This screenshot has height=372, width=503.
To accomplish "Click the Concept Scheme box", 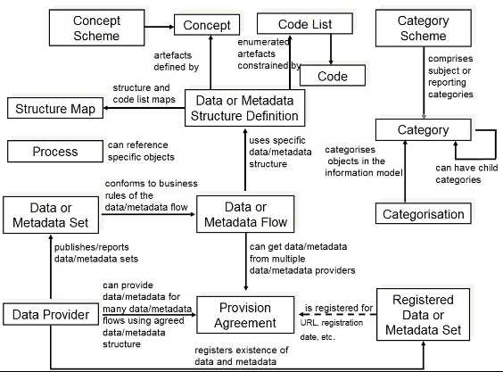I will [96, 28].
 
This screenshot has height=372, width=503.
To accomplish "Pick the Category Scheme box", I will [423, 28].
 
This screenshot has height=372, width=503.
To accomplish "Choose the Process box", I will [54, 152].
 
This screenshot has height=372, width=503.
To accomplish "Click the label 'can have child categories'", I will [458, 174].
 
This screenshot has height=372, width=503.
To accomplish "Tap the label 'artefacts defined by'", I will [176, 60].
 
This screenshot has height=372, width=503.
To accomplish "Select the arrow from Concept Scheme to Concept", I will [159, 26].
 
